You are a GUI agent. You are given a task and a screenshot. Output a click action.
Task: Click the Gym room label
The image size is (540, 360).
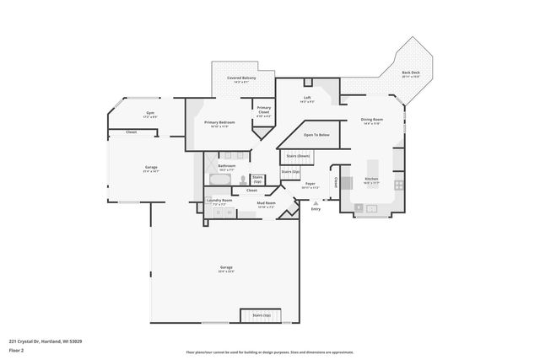(x=150, y=113)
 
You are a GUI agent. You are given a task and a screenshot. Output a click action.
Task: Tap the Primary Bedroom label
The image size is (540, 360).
(x=220, y=123)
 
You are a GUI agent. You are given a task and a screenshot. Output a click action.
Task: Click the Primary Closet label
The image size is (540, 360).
(x=264, y=110)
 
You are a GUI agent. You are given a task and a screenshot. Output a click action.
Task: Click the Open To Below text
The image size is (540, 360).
(x=316, y=135)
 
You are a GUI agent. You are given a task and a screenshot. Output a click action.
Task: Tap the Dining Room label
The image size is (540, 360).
(x=371, y=121)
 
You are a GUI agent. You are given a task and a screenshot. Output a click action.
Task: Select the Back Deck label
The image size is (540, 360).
(x=411, y=75)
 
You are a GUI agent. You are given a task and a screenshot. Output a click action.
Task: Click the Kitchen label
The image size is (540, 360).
(x=371, y=180)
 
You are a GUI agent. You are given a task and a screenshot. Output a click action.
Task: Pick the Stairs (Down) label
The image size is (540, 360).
(x=298, y=156)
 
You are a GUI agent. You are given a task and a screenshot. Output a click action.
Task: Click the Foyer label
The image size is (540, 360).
(x=310, y=185)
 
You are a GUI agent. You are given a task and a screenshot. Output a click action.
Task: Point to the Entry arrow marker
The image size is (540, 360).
(x=316, y=202)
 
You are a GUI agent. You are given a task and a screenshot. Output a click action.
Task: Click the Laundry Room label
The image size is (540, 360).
(x=219, y=202)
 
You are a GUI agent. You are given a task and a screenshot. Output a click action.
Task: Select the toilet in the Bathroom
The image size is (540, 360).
(x=241, y=180)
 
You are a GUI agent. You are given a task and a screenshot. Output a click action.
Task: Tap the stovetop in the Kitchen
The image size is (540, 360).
(x=399, y=185)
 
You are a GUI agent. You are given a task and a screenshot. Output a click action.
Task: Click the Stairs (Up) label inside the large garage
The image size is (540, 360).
(x=261, y=315)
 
